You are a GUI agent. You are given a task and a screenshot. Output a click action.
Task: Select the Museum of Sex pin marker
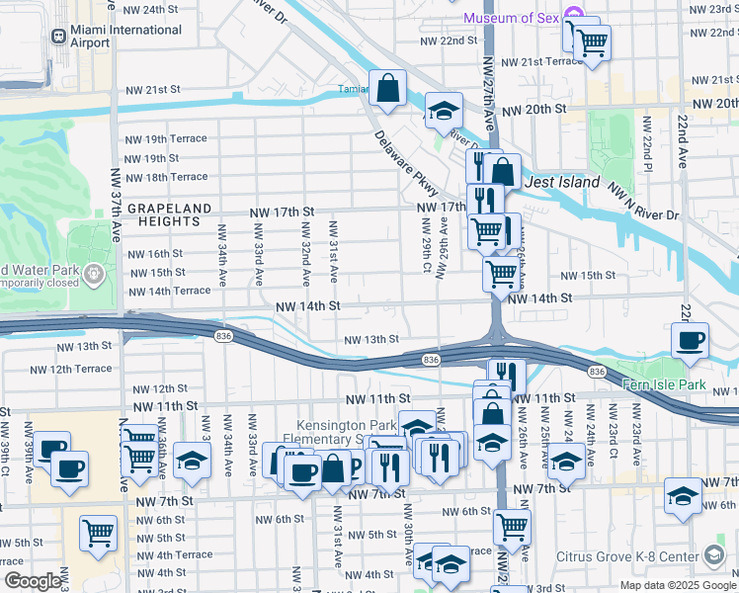click(574, 16)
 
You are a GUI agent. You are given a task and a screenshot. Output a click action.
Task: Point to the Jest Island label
click(562, 183)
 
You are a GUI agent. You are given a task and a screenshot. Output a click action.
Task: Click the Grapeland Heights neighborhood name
click(169, 215)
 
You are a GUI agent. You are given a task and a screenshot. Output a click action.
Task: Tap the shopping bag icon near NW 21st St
click(388, 88)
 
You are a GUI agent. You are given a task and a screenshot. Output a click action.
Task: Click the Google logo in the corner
click(32, 581)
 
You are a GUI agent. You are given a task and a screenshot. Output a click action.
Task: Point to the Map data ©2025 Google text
click(679, 584)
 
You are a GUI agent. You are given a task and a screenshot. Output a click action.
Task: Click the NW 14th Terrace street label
click(166, 291)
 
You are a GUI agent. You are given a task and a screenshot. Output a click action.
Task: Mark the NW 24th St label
click(148, 10)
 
